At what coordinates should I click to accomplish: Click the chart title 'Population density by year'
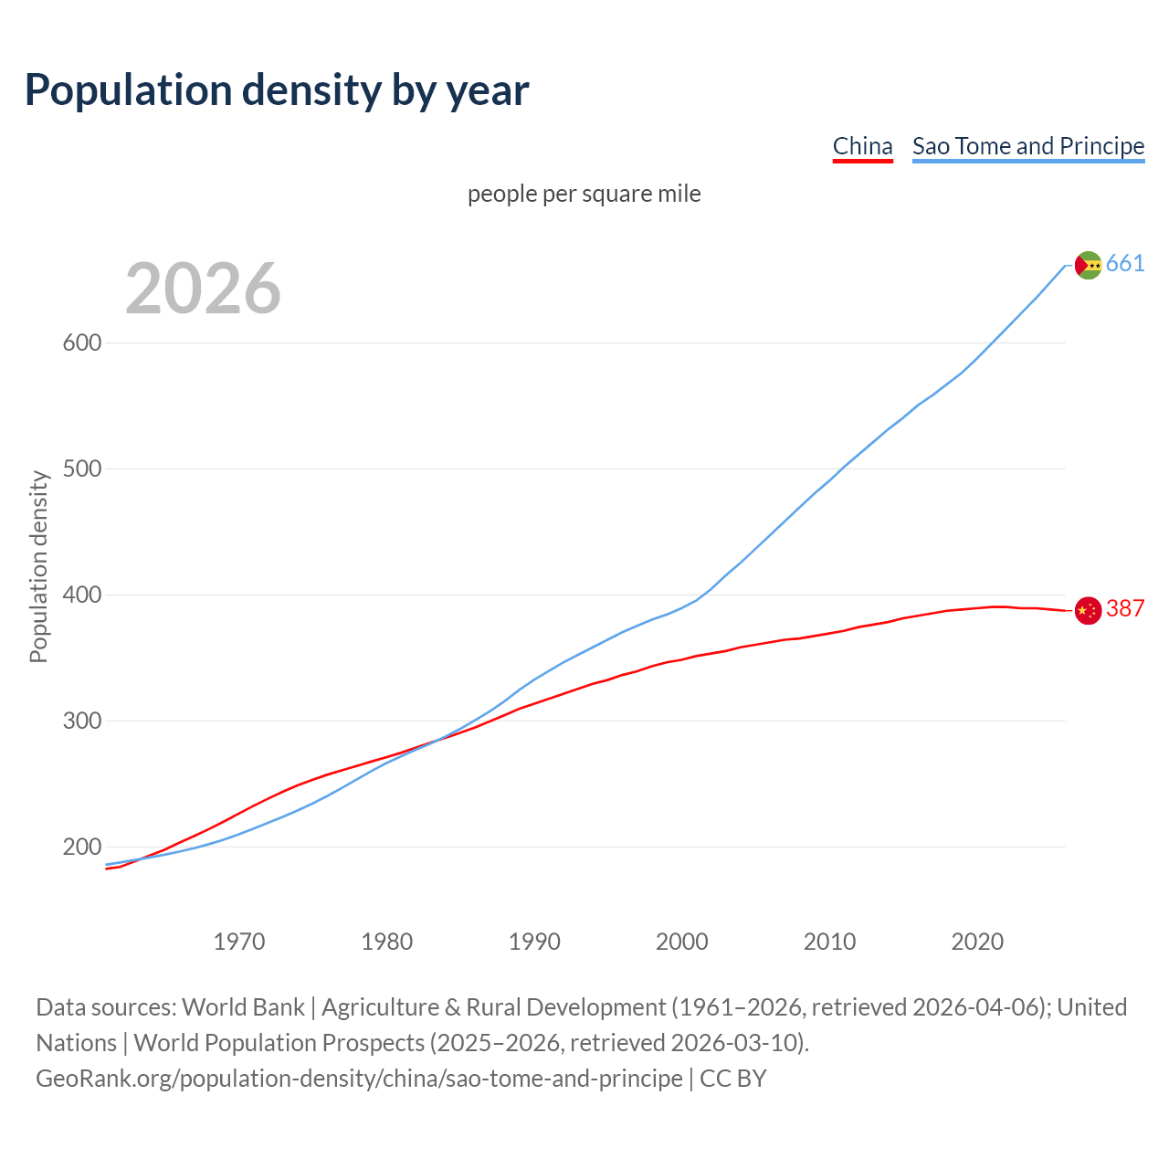pyautogui.click(x=277, y=90)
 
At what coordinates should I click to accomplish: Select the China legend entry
pyautogui.click(x=862, y=146)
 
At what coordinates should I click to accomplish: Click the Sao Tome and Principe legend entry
pyautogui.click(x=1028, y=146)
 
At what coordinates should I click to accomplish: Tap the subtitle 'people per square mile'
pyautogui.click(x=584, y=194)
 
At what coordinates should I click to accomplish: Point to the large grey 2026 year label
pyautogui.click(x=203, y=289)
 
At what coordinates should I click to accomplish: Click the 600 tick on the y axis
pyautogui.click(x=81, y=343)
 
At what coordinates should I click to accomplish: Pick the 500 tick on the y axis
pyautogui.click(x=81, y=469)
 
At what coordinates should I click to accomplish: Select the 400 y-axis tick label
pyautogui.click(x=81, y=595)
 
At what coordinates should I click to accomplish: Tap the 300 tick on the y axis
pyautogui.click(x=81, y=721)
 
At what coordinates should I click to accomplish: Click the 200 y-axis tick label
pyautogui.click(x=81, y=848)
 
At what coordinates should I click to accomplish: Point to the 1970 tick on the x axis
pyautogui.click(x=239, y=942)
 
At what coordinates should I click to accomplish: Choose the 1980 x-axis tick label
pyautogui.click(x=387, y=942)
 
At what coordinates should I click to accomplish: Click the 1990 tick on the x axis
pyautogui.click(x=534, y=942)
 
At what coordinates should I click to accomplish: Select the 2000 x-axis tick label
pyautogui.click(x=682, y=942)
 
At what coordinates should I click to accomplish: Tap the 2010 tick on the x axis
pyautogui.click(x=829, y=942)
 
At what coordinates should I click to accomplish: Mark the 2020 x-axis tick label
pyautogui.click(x=977, y=942)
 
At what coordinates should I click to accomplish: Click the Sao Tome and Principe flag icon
pyautogui.click(x=1088, y=265)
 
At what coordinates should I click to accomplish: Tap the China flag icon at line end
pyautogui.click(x=1088, y=610)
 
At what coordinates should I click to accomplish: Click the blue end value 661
pyautogui.click(x=1125, y=264)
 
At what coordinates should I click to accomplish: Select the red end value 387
pyautogui.click(x=1125, y=609)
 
